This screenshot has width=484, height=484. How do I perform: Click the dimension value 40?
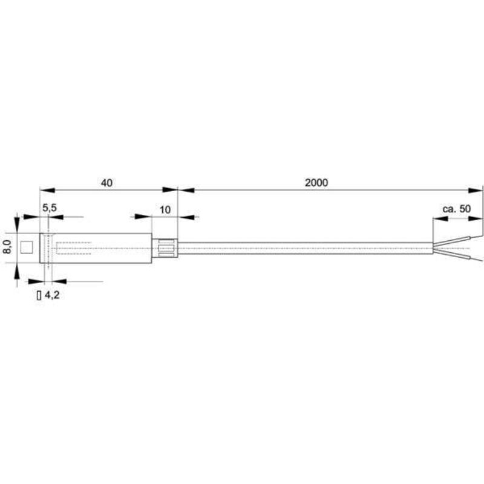point(106,183)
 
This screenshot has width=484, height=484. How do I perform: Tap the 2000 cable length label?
point(316,183)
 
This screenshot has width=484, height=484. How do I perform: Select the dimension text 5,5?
point(50,208)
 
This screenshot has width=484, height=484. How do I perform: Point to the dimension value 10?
point(165,210)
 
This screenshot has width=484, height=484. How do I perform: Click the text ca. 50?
point(456,209)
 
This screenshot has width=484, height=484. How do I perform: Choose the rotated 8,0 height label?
point(8,247)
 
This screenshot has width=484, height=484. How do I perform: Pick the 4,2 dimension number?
point(52,295)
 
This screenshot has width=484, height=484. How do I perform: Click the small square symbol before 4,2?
point(39,295)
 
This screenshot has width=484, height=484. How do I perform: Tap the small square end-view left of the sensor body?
point(27,247)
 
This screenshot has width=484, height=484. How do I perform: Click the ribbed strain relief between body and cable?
point(165,248)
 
